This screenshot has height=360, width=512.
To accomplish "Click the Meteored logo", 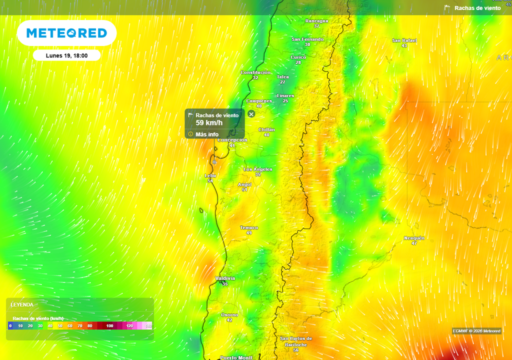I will coord(66,33).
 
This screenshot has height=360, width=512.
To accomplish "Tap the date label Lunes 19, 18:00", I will coord(66,55).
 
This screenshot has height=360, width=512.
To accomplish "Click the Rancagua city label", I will coord(316,21).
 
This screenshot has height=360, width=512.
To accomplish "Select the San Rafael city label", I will coord(404,40).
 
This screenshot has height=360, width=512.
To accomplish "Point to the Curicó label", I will coord(298,57).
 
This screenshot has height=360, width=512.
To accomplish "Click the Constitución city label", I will coord(255,72).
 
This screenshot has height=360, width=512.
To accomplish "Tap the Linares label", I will coord(285,95).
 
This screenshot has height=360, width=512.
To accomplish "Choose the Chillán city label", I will coord(266,130).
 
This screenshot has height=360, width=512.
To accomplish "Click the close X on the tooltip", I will coord(251,114).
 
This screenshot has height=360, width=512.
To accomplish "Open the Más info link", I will coord(207,134).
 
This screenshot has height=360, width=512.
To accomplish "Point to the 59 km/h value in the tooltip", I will coord(209,122).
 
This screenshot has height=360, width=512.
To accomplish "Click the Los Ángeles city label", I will coord(257,169).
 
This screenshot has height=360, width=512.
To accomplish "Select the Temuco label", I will coord(249,228).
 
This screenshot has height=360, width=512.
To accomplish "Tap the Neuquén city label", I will coord(414,238).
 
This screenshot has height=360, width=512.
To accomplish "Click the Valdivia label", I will coord(225,278).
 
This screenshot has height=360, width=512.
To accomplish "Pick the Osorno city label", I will coord(229,315).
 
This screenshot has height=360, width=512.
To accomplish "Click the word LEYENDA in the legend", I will coord(22,304).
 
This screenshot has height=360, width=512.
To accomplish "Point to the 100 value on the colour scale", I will coord(110,326).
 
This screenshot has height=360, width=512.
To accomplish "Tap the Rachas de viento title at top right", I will coord(477,8).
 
